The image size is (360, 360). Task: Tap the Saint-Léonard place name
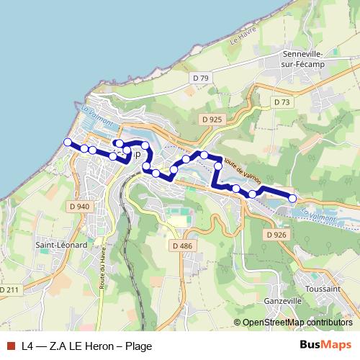click(62, 245)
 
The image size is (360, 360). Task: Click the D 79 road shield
click(200, 78)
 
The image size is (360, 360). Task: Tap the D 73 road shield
click(282, 103)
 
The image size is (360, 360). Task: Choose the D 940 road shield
click(80, 207)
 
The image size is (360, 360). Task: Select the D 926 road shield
click(276, 235)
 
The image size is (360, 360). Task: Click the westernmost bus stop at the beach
click(68, 143)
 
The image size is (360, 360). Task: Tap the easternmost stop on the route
click(292, 198)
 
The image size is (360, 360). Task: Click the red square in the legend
click(10, 346)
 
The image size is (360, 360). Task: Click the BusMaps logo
click(325, 345)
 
